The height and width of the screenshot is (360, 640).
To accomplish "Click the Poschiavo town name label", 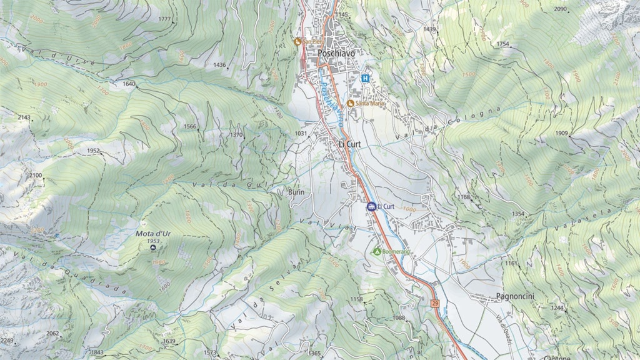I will [x=337, y=54].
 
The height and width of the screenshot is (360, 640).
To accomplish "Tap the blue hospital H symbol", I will [x=365, y=79].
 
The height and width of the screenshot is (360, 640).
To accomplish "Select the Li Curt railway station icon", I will [x=371, y=206].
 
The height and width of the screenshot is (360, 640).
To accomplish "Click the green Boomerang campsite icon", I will [x=377, y=251].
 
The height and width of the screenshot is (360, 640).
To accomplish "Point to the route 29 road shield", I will [x=436, y=304].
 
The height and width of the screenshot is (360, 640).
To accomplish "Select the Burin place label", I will [x=296, y=192].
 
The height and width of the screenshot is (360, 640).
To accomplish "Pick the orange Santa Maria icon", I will [x=351, y=103].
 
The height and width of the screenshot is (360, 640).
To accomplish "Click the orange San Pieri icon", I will [x=298, y=42].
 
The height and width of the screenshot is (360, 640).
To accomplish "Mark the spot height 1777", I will [x=164, y=19].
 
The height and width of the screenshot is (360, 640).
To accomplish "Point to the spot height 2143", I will [x=24, y=117].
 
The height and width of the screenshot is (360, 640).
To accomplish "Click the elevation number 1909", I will [x=561, y=133].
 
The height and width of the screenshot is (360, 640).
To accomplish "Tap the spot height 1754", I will [x=503, y=44].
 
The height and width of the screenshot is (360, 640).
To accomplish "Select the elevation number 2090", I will [x=560, y=9].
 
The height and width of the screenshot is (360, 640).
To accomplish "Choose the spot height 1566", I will [x=189, y=126].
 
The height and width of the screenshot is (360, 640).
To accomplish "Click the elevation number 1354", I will [x=518, y=214].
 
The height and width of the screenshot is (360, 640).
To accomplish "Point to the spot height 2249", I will [x=7, y=341].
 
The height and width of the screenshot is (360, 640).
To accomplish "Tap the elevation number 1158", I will [x=356, y=299].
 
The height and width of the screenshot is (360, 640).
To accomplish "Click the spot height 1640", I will [x=129, y=84].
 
